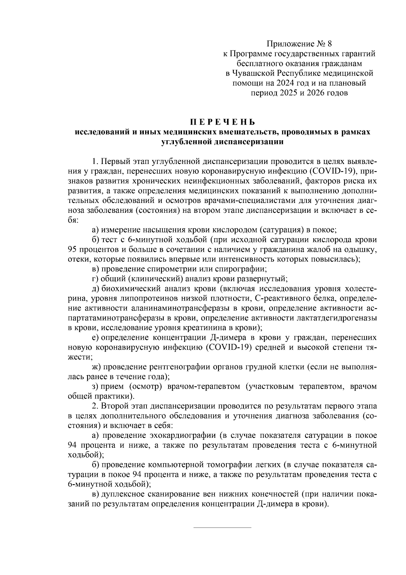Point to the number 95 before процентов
click(73, 250)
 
